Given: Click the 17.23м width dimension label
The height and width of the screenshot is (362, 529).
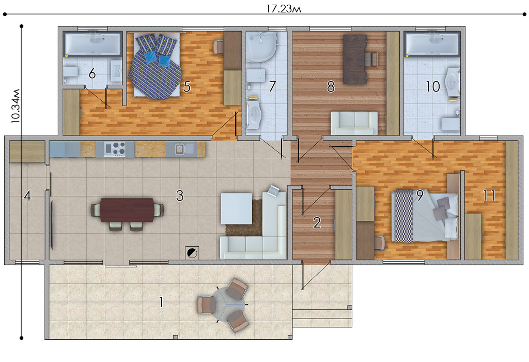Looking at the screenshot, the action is (x=284, y=8).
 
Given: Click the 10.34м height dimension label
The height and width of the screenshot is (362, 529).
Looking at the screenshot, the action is (x=15, y=106).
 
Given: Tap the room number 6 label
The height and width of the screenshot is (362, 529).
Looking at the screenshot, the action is (x=92, y=73).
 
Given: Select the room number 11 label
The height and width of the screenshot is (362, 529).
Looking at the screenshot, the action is (x=490, y=195).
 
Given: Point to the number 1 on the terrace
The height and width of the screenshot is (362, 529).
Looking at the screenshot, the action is (x=161, y=302).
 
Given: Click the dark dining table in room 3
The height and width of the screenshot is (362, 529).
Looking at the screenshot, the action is (x=127, y=210).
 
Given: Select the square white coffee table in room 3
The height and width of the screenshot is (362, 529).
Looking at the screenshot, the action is (x=236, y=208).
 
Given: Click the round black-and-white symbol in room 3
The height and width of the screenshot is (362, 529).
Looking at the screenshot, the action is (x=192, y=252).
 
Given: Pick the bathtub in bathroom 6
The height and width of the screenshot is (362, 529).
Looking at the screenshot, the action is (x=92, y=43).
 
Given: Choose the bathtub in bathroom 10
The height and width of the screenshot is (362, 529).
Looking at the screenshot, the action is (x=432, y=44).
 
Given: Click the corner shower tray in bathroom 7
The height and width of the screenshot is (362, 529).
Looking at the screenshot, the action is (x=261, y=47).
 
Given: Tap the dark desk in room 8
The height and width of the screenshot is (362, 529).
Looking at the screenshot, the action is (x=355, y=59).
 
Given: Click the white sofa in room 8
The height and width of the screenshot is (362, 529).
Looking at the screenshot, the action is (x=354, y=123).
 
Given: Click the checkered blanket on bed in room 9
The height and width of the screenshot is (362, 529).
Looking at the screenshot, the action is (x=403, y=216).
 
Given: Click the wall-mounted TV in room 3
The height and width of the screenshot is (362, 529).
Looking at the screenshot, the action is (x=52, y=225).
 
